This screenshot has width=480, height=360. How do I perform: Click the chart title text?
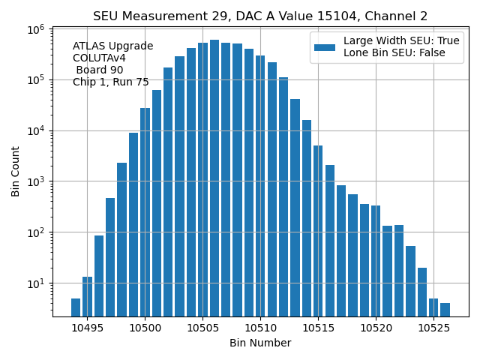click(260, 16)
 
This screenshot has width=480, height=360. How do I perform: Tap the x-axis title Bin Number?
click(260, 343)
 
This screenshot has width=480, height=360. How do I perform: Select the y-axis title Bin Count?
click(16, 171)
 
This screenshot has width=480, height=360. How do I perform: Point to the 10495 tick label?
click(87, 328)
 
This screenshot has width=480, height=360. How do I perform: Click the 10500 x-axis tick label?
click(145, 328)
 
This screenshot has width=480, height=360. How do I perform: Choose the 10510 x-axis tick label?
click(260, 328)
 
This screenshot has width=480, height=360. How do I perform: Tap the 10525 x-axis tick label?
click(433, 328)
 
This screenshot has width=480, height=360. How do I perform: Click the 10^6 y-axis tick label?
click(35, 28)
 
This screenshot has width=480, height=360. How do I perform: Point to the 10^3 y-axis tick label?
click(35, 181)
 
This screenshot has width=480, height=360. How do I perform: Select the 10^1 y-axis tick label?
click(35, 283)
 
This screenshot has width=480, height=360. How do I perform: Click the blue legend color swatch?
click(325, 46)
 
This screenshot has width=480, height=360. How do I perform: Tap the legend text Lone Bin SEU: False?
click(394, 52)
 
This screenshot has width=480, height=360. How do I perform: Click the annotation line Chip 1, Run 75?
click(111, 82)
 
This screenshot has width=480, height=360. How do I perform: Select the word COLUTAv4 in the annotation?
click(99, 58)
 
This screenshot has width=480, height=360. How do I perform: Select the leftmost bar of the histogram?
click(76, 307)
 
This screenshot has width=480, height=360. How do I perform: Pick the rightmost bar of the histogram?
click(445, 309)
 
